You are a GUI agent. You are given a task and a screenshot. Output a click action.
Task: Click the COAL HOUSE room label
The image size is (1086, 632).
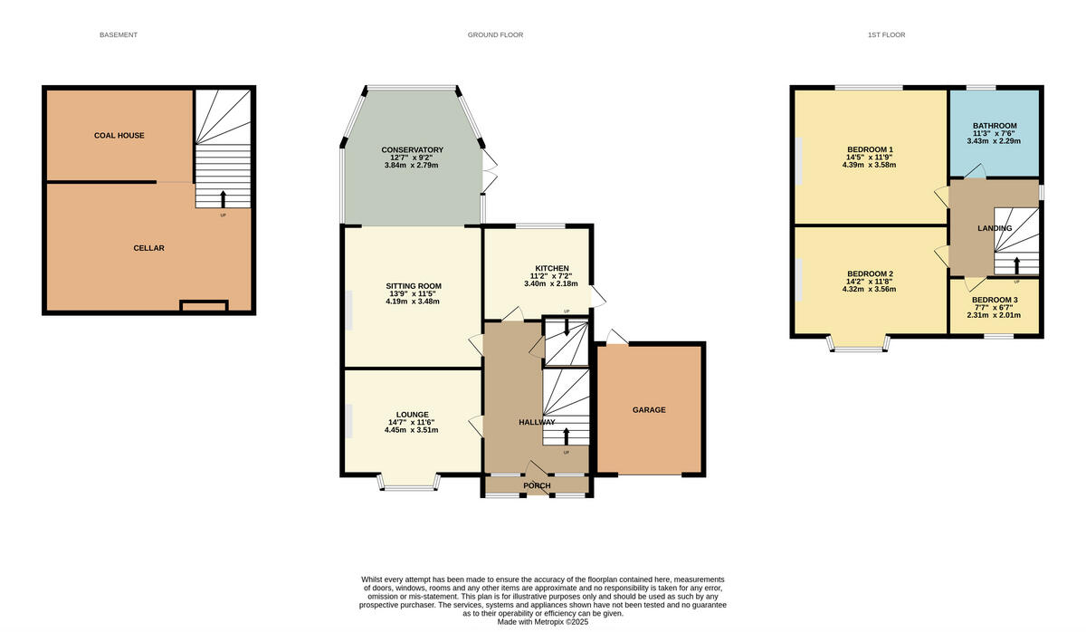tap(119, 136)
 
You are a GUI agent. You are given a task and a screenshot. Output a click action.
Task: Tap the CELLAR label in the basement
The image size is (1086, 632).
tap(148, 248)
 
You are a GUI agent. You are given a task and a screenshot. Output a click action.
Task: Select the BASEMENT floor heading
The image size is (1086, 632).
tap(119, 35)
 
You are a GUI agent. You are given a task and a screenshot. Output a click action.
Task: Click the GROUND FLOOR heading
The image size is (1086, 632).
tap(490, 35)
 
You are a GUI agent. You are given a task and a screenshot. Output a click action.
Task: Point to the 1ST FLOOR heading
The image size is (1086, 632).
tap(886, 35)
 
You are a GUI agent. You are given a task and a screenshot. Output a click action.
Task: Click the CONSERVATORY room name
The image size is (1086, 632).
tap(412, 149)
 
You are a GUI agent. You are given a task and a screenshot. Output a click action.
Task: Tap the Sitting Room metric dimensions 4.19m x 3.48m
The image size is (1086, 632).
tap(412, 302)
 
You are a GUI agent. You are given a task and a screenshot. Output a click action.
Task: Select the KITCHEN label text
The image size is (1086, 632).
tap(552, 269)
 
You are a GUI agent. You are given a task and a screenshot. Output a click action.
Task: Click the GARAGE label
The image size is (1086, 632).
tap(649, 410)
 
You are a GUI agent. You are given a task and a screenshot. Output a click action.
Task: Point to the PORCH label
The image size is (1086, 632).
tap(537, 486)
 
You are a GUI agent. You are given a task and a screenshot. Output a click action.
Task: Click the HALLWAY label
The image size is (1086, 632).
tap(537, 423)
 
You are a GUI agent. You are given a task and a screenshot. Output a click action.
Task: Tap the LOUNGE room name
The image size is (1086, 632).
tap(412, 415)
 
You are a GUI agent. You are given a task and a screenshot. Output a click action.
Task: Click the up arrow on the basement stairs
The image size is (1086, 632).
tap(224, 198)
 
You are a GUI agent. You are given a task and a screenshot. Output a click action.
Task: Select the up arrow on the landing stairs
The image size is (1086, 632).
tap(1016, 265)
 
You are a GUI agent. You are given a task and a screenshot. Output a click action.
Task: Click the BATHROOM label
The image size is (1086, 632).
tap(995, 126)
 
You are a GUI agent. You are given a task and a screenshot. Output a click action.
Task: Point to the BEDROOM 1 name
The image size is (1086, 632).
tap(870, 149)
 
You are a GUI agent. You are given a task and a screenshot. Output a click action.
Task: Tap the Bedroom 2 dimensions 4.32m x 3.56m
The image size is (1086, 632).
tap(870, 290)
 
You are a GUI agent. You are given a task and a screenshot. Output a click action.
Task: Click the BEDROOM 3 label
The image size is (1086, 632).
tap(995, 301)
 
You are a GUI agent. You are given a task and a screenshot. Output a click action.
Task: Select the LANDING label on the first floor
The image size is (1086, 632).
tap(994, 228)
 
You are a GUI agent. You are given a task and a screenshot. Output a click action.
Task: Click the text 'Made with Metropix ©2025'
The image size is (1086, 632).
tap(543, 622)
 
